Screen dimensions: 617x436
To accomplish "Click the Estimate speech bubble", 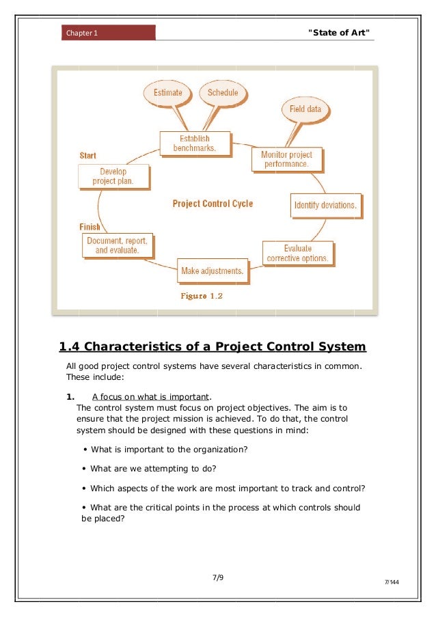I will [x=167, y=93].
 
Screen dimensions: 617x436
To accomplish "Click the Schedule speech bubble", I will [x=223, y=93].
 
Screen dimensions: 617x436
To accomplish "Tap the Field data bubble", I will [x=305, y=109].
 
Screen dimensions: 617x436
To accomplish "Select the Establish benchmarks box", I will [x=195, y=143].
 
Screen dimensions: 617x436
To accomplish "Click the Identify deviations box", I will [x=325, y=205].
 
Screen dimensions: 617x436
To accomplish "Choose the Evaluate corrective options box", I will [x=297, y=253].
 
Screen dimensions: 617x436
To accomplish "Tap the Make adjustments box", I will [x=212, y=271].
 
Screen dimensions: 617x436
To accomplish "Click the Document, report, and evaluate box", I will [x=117, y=246].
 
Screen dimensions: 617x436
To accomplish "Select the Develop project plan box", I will [x=113, y=176].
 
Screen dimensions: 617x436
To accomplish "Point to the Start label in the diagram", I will [x=87, y=156].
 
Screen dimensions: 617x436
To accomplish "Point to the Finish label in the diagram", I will [x=90, y=227].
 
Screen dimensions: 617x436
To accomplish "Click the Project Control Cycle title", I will [x=213, y=204].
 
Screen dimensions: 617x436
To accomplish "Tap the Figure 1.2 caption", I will [x=202, y=297].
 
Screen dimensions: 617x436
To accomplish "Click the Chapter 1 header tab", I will [x=109, y=33].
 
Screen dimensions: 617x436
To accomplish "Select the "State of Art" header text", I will [x=340, y=33].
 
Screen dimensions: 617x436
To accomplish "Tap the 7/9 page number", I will [x=218, y=577].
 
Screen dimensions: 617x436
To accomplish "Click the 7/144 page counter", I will [x=392, y=582].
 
